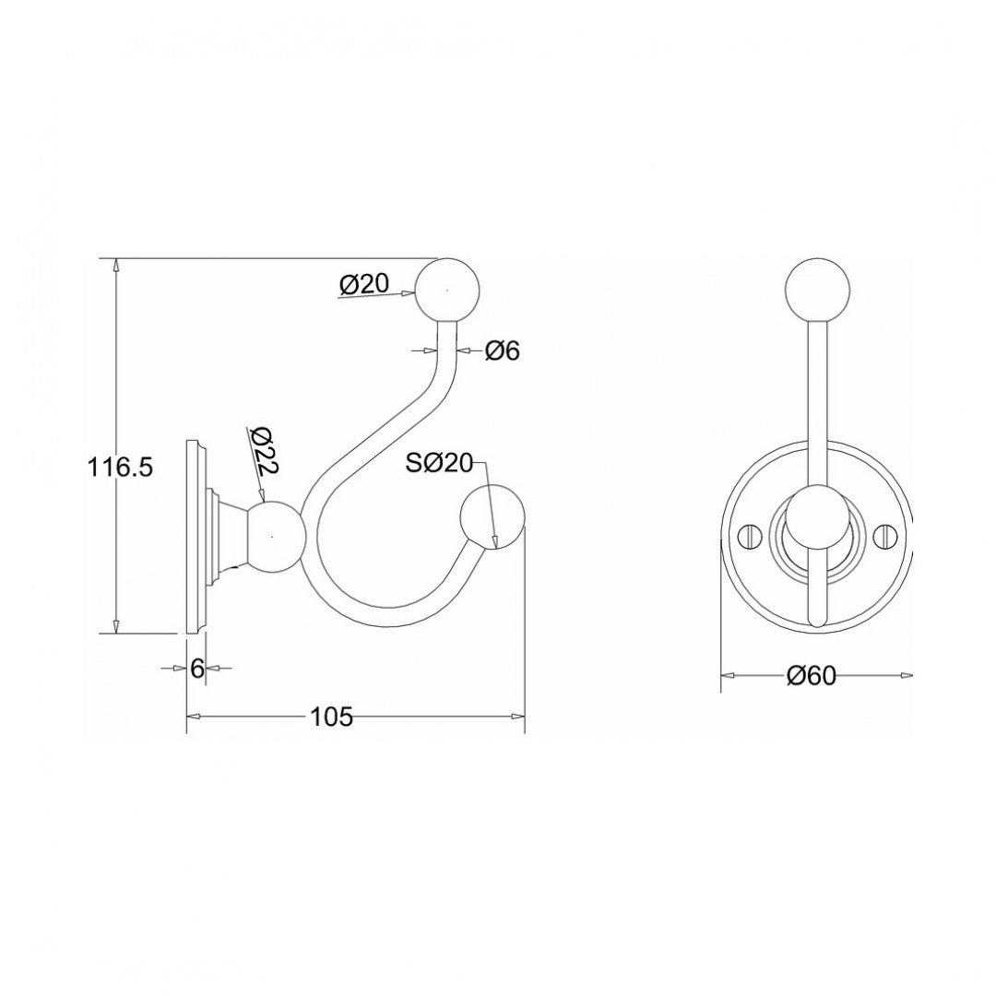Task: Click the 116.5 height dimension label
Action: tap(120, 468)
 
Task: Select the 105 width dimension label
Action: tap(332, 717)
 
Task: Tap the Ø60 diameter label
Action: tap(811, 676)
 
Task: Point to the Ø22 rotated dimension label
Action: tap(263, 453)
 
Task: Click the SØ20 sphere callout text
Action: tap(438, 464)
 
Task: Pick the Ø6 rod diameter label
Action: tap(503, 350)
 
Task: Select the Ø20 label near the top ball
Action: tap(364, 284)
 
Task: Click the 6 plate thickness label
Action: tap(196, 669)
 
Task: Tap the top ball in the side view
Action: tap(447, 290)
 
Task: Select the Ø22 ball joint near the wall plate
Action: tap(274, 536)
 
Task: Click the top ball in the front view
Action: tap(815, 288)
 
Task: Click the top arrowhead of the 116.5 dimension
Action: tap(115, 265)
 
